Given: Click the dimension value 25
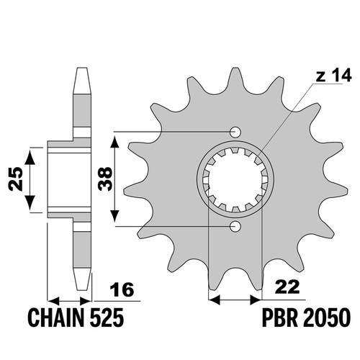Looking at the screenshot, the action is pos(16,179).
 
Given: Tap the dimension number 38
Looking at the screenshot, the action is pos(105,179).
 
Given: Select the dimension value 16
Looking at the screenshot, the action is pos(122,289).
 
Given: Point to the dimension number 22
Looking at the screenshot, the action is pos(287,287).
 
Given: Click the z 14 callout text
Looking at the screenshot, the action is pos(333,76).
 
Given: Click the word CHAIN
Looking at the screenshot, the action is pos(56,318).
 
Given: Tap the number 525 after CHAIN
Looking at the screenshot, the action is pos(107,318).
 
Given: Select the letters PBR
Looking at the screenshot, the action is pos(279,318).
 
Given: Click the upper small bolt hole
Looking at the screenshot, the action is pos(235,132).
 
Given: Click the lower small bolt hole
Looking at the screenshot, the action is pos(235,226).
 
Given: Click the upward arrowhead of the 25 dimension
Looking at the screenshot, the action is pos(30,156).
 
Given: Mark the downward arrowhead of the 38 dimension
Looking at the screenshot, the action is pos(115,215).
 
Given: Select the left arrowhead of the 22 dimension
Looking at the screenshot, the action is pos(215,300).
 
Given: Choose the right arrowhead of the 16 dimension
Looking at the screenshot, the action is pos(86,301).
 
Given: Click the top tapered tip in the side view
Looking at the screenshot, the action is pos(81,81).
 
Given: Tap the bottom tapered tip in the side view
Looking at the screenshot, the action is pos(82,279).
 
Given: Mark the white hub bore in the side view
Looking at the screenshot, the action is pos(70,179).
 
